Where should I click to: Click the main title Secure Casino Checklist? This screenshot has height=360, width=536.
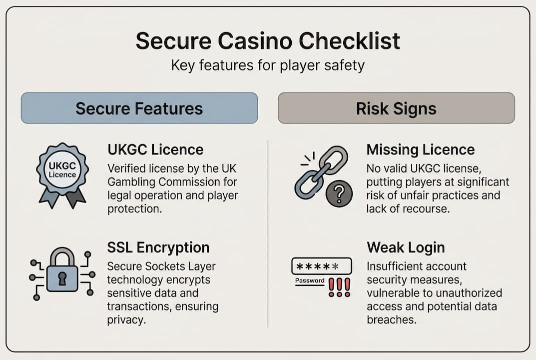coord(268,41)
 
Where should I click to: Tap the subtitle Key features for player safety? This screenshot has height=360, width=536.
coord(268,65)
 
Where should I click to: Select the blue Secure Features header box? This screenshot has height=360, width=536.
coord(139,108)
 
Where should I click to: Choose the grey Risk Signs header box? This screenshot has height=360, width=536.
coord(396,108)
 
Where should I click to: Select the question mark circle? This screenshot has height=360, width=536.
coord(340,194)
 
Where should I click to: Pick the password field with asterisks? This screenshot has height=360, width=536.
coord(321,266)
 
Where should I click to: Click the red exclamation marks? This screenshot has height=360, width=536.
coord(340,287)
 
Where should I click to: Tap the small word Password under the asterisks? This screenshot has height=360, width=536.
coord(310,280)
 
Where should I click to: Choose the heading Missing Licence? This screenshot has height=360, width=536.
coord(421,149)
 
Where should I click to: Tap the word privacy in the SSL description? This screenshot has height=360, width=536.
coord(127,320)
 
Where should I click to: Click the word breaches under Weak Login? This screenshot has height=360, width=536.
coord(391,320)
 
